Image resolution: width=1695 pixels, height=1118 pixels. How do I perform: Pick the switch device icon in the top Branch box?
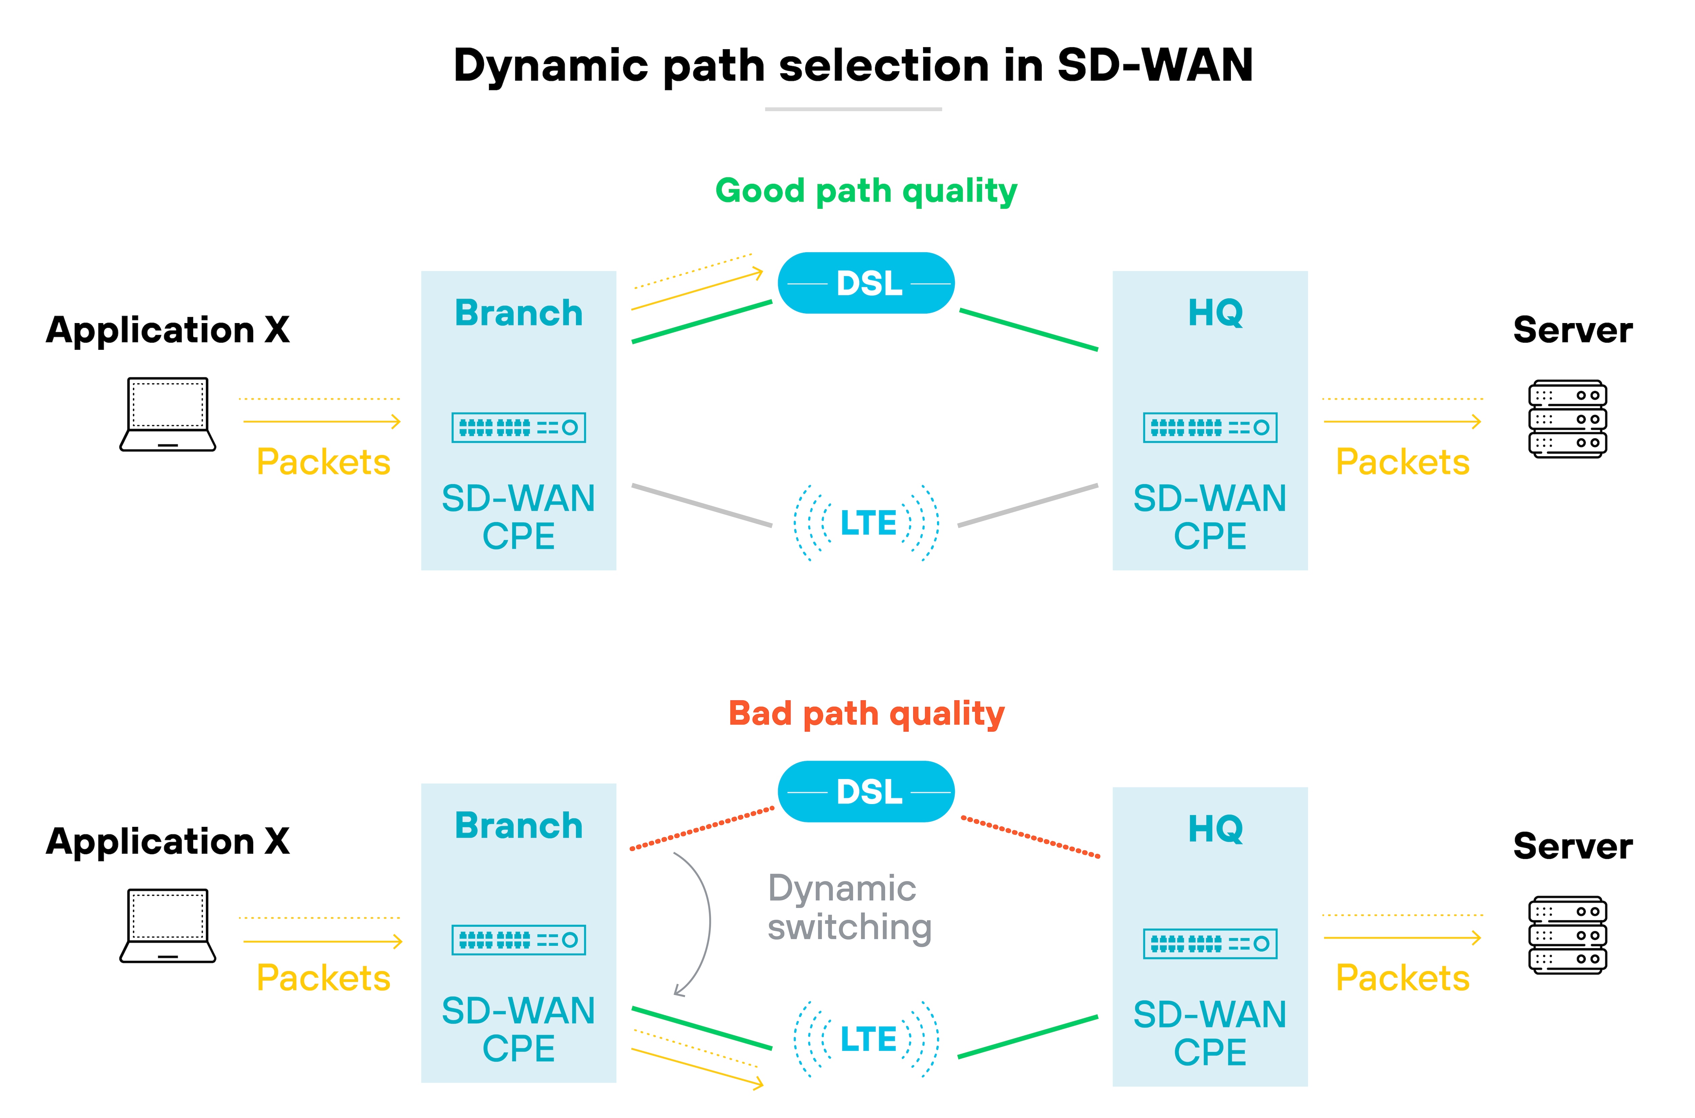[x=518, y=428]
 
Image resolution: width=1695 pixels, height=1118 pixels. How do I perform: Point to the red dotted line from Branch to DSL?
[x=702, y=828]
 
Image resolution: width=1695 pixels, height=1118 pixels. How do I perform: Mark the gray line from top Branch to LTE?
[x=702, y=505]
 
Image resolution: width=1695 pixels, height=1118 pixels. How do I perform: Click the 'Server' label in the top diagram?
[x=1572, y=330]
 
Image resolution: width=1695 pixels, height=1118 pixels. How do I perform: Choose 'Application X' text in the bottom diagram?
[x=167, y=841]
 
